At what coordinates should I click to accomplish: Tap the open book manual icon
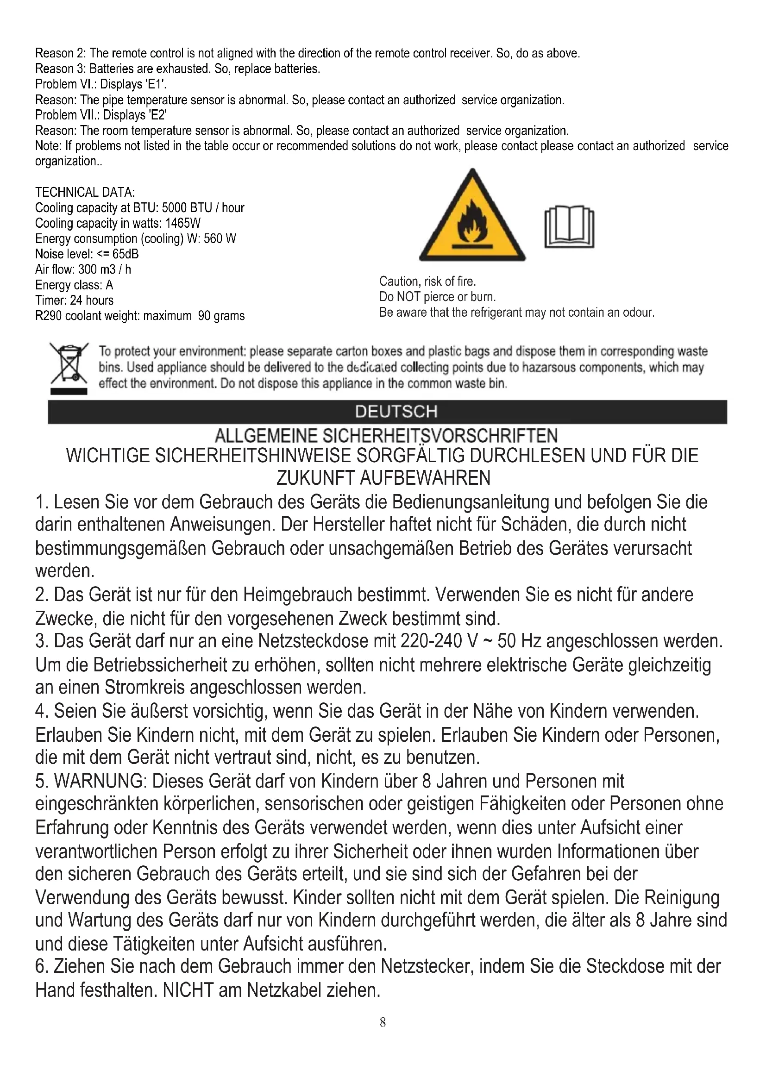click(569, 227)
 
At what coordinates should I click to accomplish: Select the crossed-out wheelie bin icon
click(69, 366)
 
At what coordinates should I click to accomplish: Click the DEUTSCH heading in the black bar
click(396, 412)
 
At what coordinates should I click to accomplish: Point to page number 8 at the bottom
click(383, 1022)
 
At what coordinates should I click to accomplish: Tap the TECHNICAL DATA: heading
click(85, 192)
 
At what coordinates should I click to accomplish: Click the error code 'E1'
click(157, 84)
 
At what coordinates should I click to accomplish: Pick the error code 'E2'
click(158, 115)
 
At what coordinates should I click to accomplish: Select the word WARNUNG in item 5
click(99, 781)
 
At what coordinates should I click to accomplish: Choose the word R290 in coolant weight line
click(49, 316)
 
